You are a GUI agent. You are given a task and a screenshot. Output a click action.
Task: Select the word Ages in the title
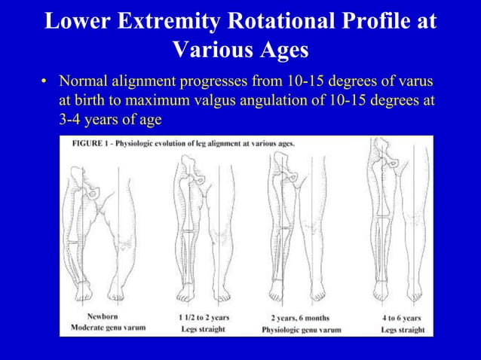(x=280, y=50)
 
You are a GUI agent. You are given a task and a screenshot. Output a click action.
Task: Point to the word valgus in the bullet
(x=247, y=100)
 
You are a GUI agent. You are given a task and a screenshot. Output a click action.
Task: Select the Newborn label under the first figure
(x=102, y=317)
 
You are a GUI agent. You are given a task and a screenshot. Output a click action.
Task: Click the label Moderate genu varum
(x=107, y=328)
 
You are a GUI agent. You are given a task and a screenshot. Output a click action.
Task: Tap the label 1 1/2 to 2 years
(x=204, y=317)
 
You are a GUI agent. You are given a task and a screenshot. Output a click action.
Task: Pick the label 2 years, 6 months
(x=301, y=318)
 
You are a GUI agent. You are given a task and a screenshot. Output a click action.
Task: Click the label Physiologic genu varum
(x=301, y=329)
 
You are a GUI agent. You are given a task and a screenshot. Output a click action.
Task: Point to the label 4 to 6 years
(x=402, y=317)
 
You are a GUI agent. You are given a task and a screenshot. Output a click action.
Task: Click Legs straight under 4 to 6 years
(x=402, y=329)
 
